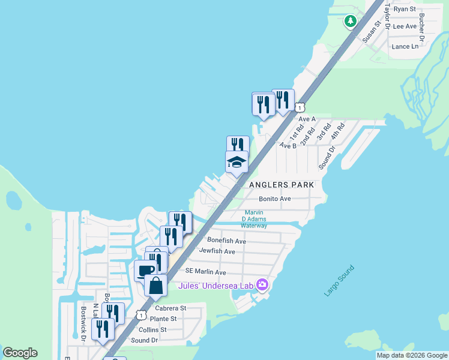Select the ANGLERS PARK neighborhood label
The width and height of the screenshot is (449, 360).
pyautogui.click(x=281, y=185)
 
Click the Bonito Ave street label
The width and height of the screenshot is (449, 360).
pyautogui.click(x=275, y=199)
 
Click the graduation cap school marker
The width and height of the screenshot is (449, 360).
pyautogui.click(x=237, y=161)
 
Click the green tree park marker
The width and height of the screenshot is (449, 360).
pyautogui.click(x=350, y=22)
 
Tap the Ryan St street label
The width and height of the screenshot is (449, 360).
pyautogui.click(x=405, y=9)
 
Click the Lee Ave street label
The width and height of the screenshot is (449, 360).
pyautogui.click(x=404, y=26)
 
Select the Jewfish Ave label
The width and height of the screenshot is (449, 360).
pyautogui.click(x=217, y=251)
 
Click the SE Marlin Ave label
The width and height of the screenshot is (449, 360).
pyautogui.click(x=205, y=272)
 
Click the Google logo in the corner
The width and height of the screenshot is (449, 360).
pyautogui.click(x=20, y=353)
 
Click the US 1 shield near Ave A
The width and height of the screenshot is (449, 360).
pyautogui.click(x=300, y=107)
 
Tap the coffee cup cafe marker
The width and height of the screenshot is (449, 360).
pyautogui.click(x=145, y=270)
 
